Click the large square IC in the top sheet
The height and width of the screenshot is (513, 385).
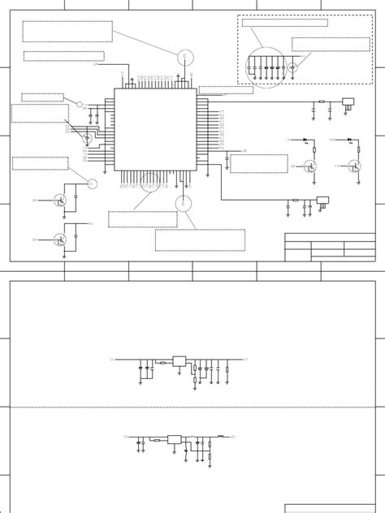[x=155, y=129]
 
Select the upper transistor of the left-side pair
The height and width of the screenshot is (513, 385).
[x=60, y=200]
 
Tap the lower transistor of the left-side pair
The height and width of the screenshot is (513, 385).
[x=60, y=239]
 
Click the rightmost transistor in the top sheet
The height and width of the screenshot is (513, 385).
[x=354, y=166]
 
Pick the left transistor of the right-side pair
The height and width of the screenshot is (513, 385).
[x=310, y=166]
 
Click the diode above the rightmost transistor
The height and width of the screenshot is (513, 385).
[x=348, y=140]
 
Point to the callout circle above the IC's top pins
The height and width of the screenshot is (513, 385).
[x=185, y=57]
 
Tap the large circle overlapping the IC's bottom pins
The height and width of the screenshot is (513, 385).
[x=150, y=183]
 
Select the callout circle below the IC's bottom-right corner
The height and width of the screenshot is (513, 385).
[x=184, y=203]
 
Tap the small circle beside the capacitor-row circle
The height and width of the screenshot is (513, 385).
[x=292, y=68]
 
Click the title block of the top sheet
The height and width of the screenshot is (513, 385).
[x=330, y=247]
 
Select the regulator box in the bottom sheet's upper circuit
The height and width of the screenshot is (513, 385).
[x=179, y=360]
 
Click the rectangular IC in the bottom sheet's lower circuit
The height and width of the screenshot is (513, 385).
[x=174, y=439]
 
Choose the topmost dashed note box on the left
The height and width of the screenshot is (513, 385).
[x=67, y=32]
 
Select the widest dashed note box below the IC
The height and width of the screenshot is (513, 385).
[x=200, y=239]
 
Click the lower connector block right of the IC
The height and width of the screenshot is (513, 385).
[x=322, y=200]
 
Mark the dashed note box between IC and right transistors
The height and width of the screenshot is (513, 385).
[x=258, y=164]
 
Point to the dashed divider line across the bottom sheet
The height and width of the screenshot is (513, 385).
[x=192, y=407]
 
